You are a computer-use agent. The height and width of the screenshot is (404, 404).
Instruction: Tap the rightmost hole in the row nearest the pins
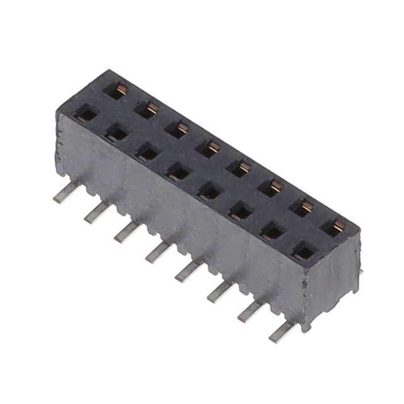pyautogui.click(x=303, y=252)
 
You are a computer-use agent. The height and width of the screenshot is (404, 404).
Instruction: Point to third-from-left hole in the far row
pyautogui.click(x=178, y=129)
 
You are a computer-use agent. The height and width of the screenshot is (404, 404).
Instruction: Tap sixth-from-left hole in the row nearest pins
pyautogui.click(x=241, y=211)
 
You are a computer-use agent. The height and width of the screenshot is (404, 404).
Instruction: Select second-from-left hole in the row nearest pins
pyautogui.click(x=116, y=133)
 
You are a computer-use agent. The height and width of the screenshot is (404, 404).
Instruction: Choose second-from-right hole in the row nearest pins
pyautogui.click(x=272, y=232)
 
